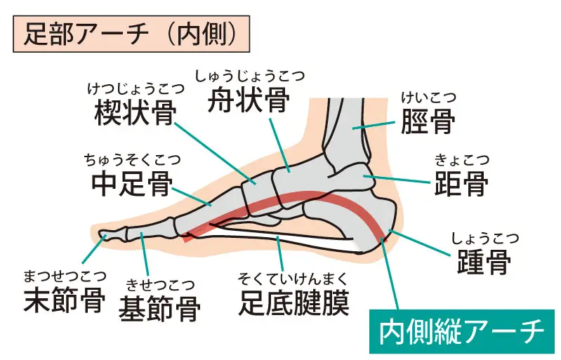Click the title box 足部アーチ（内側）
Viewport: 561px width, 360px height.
[131, 34]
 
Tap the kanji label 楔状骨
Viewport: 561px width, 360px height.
[136, 112]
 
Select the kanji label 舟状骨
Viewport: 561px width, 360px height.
[249, 100]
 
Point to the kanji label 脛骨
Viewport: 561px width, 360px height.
[428, 121]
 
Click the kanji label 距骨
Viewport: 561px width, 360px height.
[461, 183]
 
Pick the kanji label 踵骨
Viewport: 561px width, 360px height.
[484, 261]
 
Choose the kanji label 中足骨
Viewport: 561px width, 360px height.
[133, 184]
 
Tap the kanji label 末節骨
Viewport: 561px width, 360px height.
[65, 300]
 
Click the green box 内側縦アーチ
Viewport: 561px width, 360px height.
[462, 331]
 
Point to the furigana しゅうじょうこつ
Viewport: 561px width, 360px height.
[250, 76]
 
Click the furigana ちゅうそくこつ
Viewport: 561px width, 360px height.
[133, 160]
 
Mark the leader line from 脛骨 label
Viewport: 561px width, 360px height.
[374, 125]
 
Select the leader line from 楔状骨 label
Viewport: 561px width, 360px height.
[216, 154]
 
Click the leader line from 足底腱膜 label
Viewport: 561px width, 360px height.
[280, 253]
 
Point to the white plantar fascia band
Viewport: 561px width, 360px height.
[286, 239]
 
